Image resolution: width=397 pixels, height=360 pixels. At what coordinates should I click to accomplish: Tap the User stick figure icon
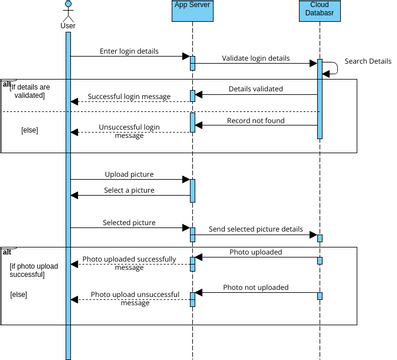coord(68,12)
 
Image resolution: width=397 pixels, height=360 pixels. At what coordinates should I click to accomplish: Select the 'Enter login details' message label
coord(129,50)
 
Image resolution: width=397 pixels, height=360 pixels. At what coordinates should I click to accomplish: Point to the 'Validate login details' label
coord(255,59)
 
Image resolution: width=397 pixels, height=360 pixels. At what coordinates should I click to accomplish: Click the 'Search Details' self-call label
coord(367,61)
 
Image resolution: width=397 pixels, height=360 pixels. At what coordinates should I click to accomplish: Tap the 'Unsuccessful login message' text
coord(129,132)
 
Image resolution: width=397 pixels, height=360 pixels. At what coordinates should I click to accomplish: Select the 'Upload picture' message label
coord(129,174)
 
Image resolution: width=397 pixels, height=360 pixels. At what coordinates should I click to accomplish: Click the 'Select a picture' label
coord(129,190)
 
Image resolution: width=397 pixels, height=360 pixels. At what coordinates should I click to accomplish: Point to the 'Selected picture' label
coord(129,222)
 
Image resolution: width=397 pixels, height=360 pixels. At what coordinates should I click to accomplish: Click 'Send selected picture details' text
coord(256,229)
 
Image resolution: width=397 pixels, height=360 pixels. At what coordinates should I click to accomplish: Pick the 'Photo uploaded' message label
coord(255,252)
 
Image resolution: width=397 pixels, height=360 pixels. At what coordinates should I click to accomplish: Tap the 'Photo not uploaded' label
coord(255,287)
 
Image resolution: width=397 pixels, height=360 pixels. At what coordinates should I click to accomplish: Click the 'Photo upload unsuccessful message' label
coord(133,298)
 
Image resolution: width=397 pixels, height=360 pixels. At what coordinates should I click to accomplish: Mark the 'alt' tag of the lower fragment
coord(7,250)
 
